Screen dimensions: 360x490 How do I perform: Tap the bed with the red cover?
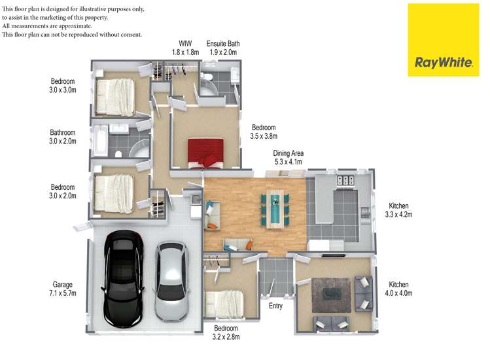(205, 152)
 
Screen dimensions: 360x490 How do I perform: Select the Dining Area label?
(288, 158)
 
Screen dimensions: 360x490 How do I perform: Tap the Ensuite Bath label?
(223, 47)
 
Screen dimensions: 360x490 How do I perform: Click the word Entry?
(275, 306)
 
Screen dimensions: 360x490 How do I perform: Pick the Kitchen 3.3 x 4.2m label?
(399, 209)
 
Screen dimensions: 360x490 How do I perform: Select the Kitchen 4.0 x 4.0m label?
(398, 289)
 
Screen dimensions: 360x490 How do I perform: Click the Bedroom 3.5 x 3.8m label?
(264, 132)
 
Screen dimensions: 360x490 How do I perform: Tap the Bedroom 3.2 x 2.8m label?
(226, 333)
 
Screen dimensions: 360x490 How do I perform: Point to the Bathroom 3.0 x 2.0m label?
(63, 137)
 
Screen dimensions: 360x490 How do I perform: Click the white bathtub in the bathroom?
(99, 141)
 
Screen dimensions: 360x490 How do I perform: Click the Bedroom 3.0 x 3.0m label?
(63, 86)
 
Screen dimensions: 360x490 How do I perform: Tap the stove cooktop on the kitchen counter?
(345, 181)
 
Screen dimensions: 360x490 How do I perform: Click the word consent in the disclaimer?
(130, 34)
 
